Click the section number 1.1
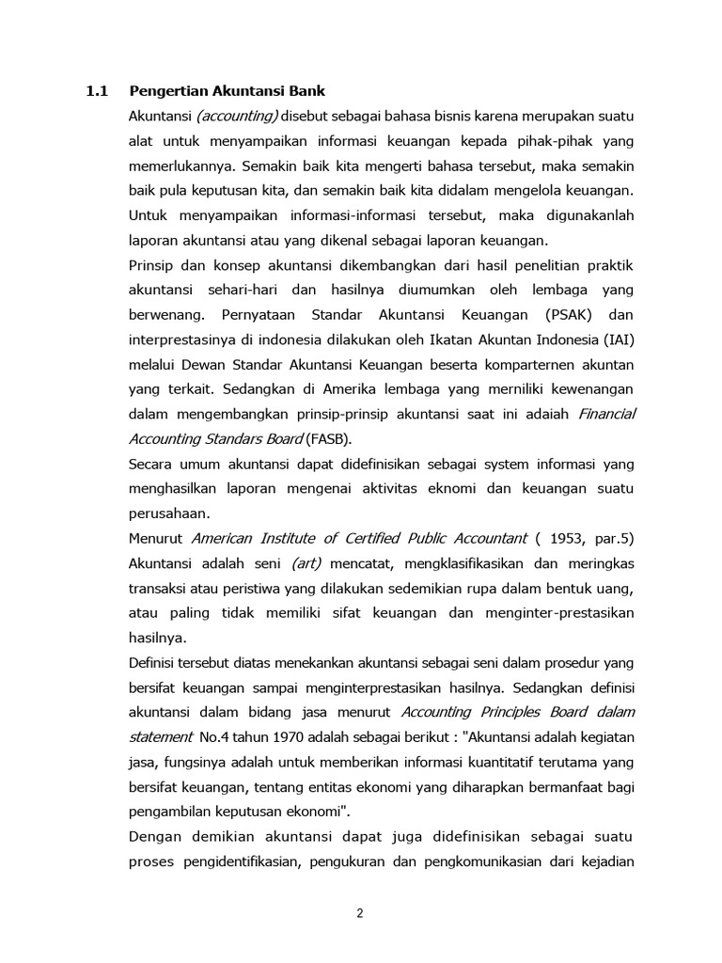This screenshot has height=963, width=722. tap(98, 91)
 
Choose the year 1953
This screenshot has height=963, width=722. tap(576, 538)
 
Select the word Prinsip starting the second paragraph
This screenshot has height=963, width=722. tap(150, 264)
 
